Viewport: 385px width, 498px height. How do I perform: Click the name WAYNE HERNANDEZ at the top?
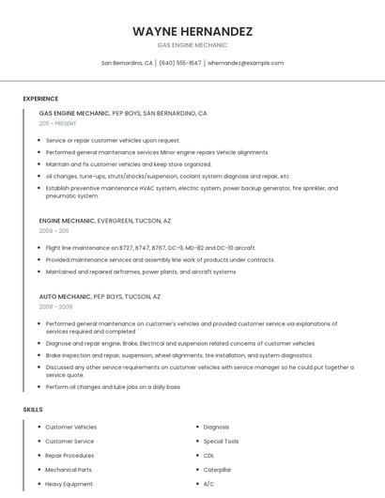pyautogui.click(x=192, y=31)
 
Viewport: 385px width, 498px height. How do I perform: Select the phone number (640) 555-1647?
pyautogui.click(x=180, y=63)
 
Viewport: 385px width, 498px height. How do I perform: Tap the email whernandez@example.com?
pyautogui.click(x=245, y=63)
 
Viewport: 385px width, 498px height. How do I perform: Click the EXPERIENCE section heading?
pyautogui.click(x=40, y=99)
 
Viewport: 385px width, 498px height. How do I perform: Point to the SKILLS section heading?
pyautogui.click(x=33, y=410)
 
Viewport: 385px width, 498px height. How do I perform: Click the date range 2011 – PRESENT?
pyautogui.click(x=57, y=123)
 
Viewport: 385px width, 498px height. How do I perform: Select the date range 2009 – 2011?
pyautogui.click(x=54, y=230)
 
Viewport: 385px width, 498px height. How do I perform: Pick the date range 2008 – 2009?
pyautogui.click(x=55, y=306)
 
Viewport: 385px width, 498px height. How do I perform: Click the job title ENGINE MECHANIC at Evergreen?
pyautogui.click(x=68, y=221)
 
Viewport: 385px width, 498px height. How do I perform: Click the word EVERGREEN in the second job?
pyautogui.click(x=117, y=221)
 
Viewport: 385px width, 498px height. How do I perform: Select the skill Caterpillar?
pyautogui.click(x=217, y=470)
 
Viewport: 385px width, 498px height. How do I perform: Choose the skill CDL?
pyautogui.click(x=208, y=456)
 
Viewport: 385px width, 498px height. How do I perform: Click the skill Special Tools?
pyautogui.click(x=221, y=442)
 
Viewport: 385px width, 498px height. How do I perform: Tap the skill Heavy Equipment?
pyautogui.click(x=69, y=484)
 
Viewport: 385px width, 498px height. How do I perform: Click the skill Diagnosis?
pyautogui.click(x=216, y=428)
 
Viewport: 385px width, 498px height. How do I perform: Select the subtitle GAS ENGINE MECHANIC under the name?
pyautogui.click(x=192, y=45)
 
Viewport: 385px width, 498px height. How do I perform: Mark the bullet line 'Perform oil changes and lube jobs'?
pyautogui.click(x=114, y=387)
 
